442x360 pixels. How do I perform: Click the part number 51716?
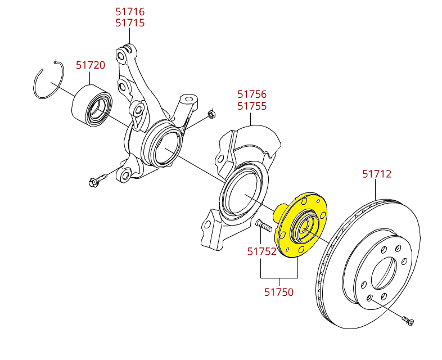pyautogui.click(x=130, y=11)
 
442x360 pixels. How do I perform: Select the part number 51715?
pyautogui.click(x=130, y=23)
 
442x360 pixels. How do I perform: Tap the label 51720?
pyautogui.click(x=91, y=65)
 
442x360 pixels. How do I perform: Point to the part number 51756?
pyautogui.click(x=252, y=94)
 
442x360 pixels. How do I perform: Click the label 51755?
pyautogui.click(x=252, y=106)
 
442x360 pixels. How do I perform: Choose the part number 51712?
pyautogui.click(x=377, y=174)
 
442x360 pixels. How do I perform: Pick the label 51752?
pyautogui.click(x=262, y=251)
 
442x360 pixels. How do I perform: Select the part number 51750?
pyautogui.click(x=279, y=292)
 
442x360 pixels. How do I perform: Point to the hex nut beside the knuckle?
pyautogui.click(x=211, y=114)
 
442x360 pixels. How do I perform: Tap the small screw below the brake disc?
pyautogui.click(x=408, y=321)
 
